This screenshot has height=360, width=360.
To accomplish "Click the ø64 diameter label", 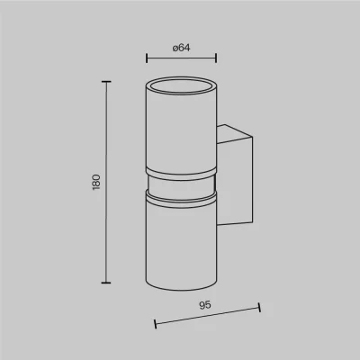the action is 181,48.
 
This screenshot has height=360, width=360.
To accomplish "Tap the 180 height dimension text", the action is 96,182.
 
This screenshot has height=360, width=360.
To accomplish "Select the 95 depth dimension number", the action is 205,305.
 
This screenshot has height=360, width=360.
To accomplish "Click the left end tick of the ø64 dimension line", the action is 147,58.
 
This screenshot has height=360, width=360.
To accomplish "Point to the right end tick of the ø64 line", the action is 216,58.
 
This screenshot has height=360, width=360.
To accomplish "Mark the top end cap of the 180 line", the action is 106,82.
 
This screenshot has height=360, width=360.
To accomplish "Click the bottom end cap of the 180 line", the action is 106,283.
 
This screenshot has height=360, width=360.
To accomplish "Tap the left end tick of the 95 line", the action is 155,324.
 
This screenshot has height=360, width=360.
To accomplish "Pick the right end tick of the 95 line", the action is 259,308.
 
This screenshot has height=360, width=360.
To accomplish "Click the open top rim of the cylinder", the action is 181,77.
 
